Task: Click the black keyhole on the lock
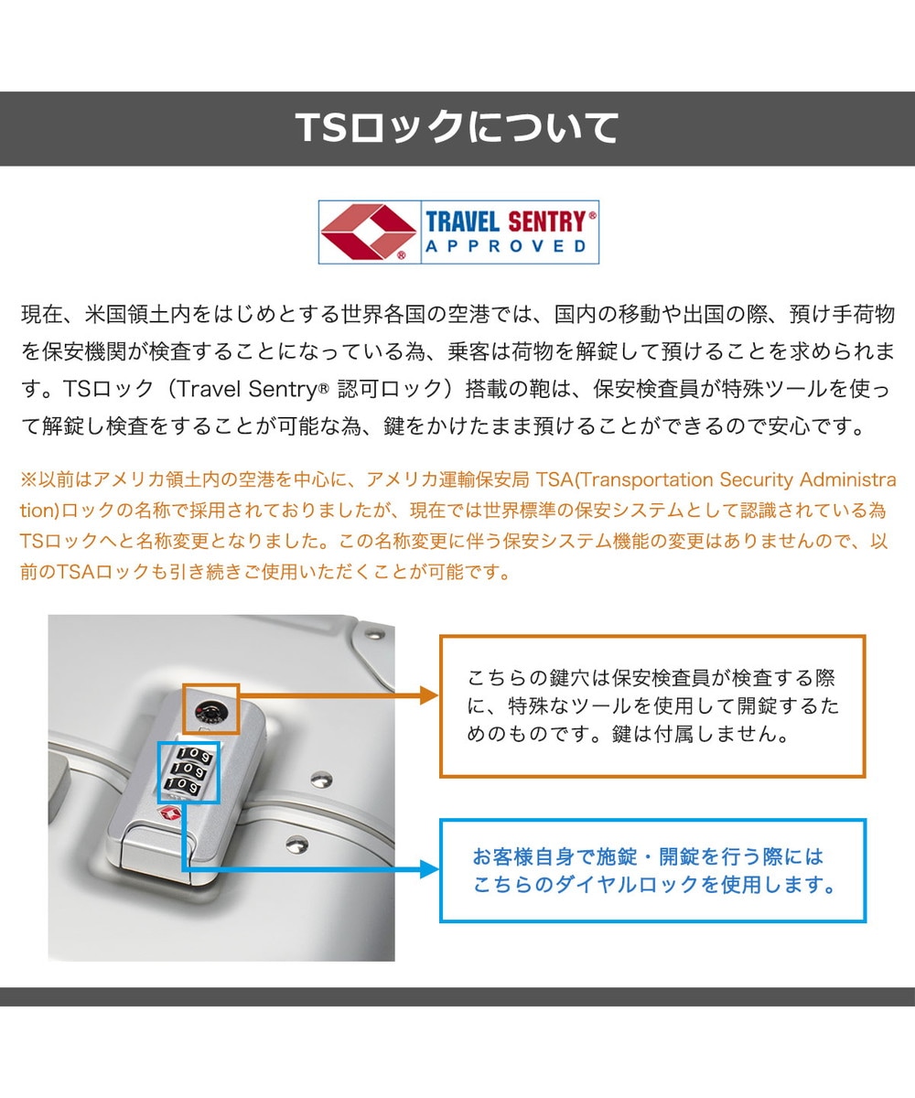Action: pyautogui.click(x=210, y=714)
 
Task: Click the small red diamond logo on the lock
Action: pyautogui.click(x=170, y=815)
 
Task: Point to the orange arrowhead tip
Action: pyautogui.click(x=438, y=695)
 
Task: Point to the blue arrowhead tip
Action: pyautogui.click(x=438, y=869)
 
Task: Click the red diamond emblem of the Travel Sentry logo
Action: pyautogui.click(x=368, y=231)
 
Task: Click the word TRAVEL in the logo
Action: pyautogui.click(x=462, y=221)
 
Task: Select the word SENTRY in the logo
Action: pyautogui.click(x=547, y=221)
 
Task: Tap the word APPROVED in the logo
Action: pyautogui.click(x=506, y=246)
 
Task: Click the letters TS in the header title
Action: pyautogui.click(x=320, y=128)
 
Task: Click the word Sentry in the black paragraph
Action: pyautogui.click(x=283, y=389)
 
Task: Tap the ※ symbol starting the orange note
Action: pyautogui.click(x=29, y=479)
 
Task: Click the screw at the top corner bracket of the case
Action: pyautogui.click(x=374, y=633)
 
